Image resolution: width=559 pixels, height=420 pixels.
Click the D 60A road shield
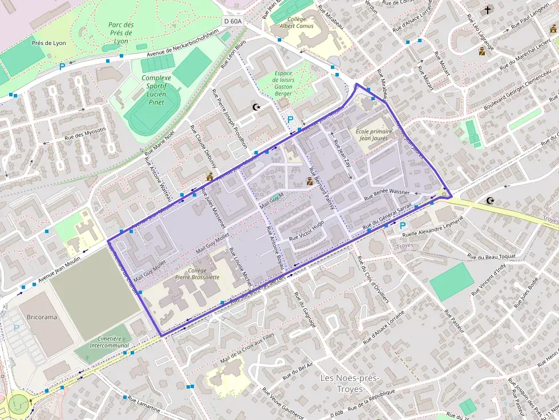tap(232, 21)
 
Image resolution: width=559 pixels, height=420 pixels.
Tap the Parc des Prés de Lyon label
tap(120, 32)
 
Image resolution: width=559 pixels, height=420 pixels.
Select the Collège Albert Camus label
tap(296, 22)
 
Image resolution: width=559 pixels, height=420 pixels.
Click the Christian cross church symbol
tap(487, 10)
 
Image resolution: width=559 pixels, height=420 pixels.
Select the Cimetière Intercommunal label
tap(109, 342)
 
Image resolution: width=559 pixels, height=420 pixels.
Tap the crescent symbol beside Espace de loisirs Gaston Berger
tap(257, 107)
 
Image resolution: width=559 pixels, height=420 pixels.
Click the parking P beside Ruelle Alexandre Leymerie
tap(402, 226)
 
